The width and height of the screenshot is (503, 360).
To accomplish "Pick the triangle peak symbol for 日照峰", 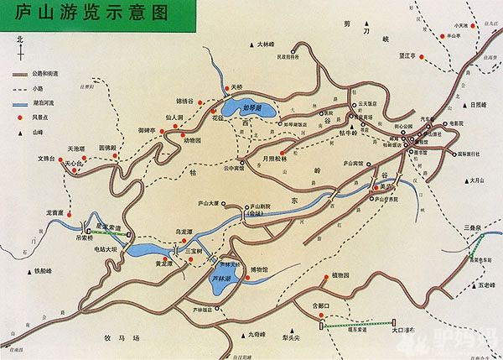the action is pos(464,105).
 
